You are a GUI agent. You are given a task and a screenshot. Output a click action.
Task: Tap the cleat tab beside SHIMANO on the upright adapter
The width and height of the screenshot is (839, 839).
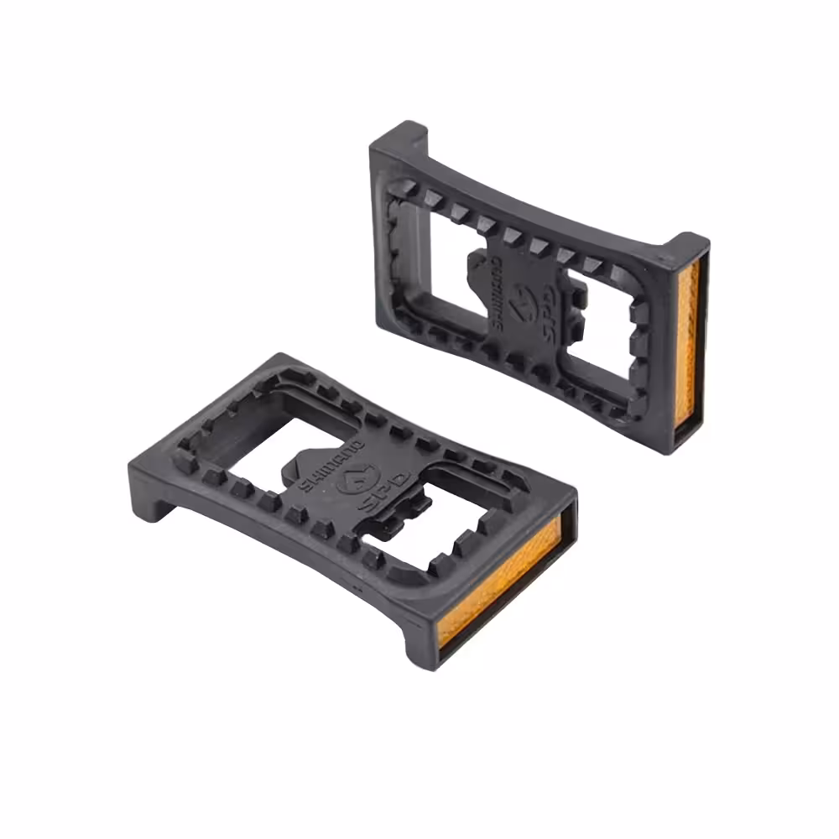click(478, 267)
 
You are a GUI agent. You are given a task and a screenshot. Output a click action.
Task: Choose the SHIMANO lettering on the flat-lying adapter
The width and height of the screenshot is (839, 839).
click(330, 464)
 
